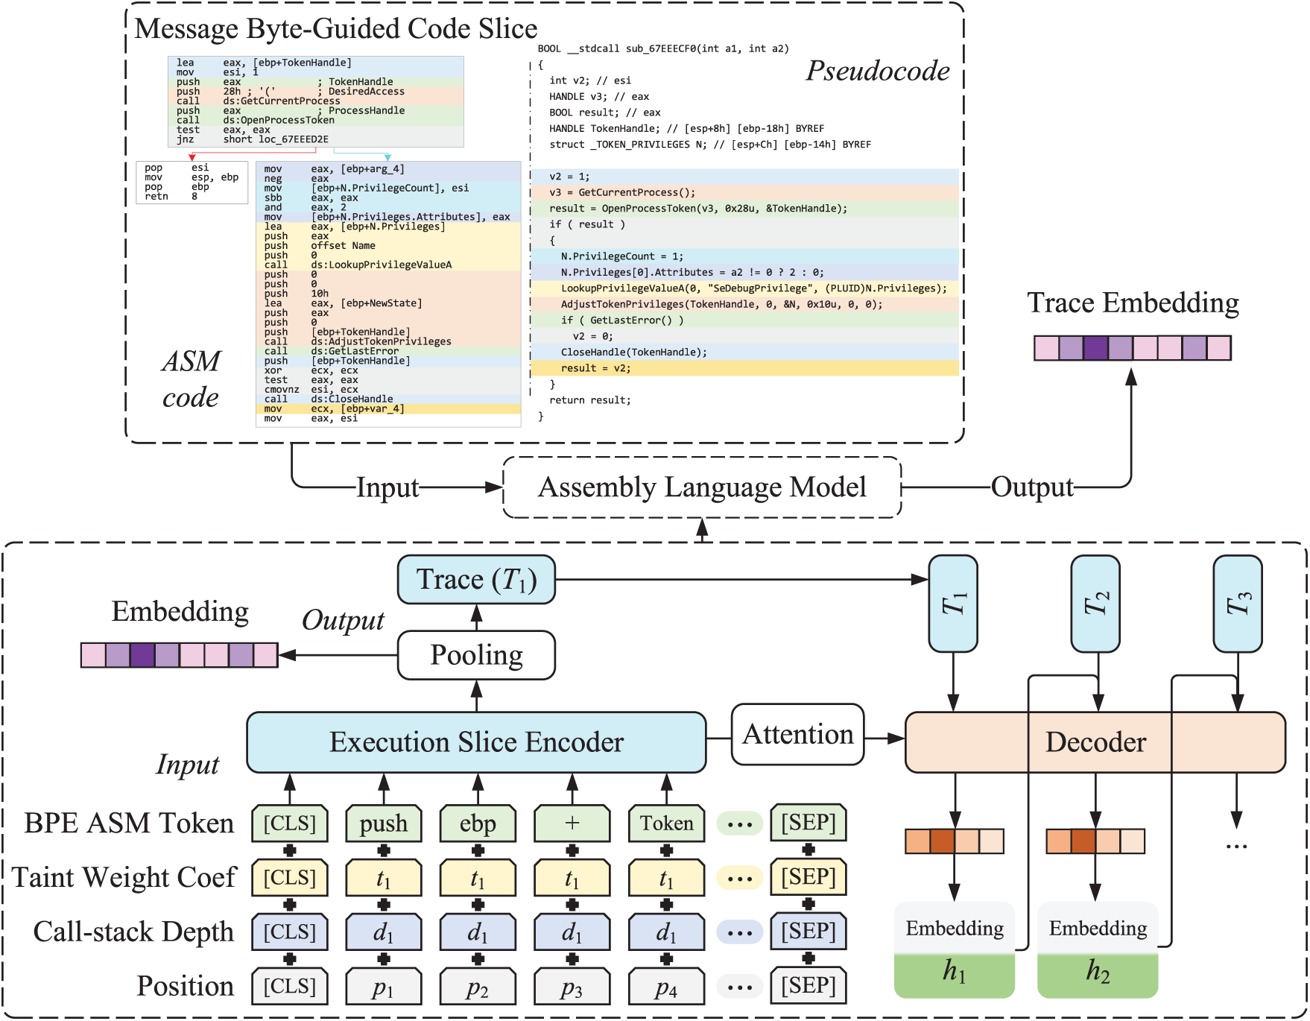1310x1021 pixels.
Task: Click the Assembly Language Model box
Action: click(702, 487)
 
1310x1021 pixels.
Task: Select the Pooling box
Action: click(476, 655)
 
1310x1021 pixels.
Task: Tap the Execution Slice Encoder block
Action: click(476, 742)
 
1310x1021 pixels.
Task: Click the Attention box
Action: click(797, 735)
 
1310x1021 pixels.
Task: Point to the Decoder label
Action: click(1095, 742)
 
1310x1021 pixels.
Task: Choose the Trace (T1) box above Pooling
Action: click(476, 580)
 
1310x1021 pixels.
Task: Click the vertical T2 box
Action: click(1095, 604)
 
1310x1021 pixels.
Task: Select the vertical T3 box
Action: click(1238, 604)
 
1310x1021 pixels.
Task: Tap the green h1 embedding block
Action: click(955, 972)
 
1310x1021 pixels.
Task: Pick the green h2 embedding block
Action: click(1098, 972)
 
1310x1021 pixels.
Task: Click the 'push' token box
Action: click(384, 824)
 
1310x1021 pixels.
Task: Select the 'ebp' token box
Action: click(478, 824)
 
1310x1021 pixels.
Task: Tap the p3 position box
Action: click(572, 987)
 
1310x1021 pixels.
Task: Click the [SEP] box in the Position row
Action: click(809, 986)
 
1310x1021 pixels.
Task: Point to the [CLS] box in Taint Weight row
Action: click(290, 878)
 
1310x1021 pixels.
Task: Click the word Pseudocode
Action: click(878, 72)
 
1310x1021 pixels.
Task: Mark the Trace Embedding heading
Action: click(1133, 303)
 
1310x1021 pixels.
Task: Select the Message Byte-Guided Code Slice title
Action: click(335, 28)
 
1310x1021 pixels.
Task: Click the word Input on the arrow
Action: click(387, 488)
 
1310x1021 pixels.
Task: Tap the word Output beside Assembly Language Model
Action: click(1032, 487)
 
